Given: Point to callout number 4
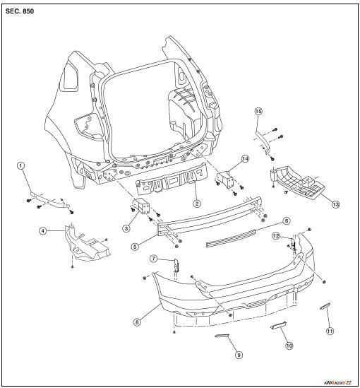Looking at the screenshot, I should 44,230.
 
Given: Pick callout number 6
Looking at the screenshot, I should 287,221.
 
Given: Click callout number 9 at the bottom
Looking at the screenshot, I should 239,355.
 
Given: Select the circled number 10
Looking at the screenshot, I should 289,346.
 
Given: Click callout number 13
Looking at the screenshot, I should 336,204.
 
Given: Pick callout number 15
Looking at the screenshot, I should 258,112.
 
